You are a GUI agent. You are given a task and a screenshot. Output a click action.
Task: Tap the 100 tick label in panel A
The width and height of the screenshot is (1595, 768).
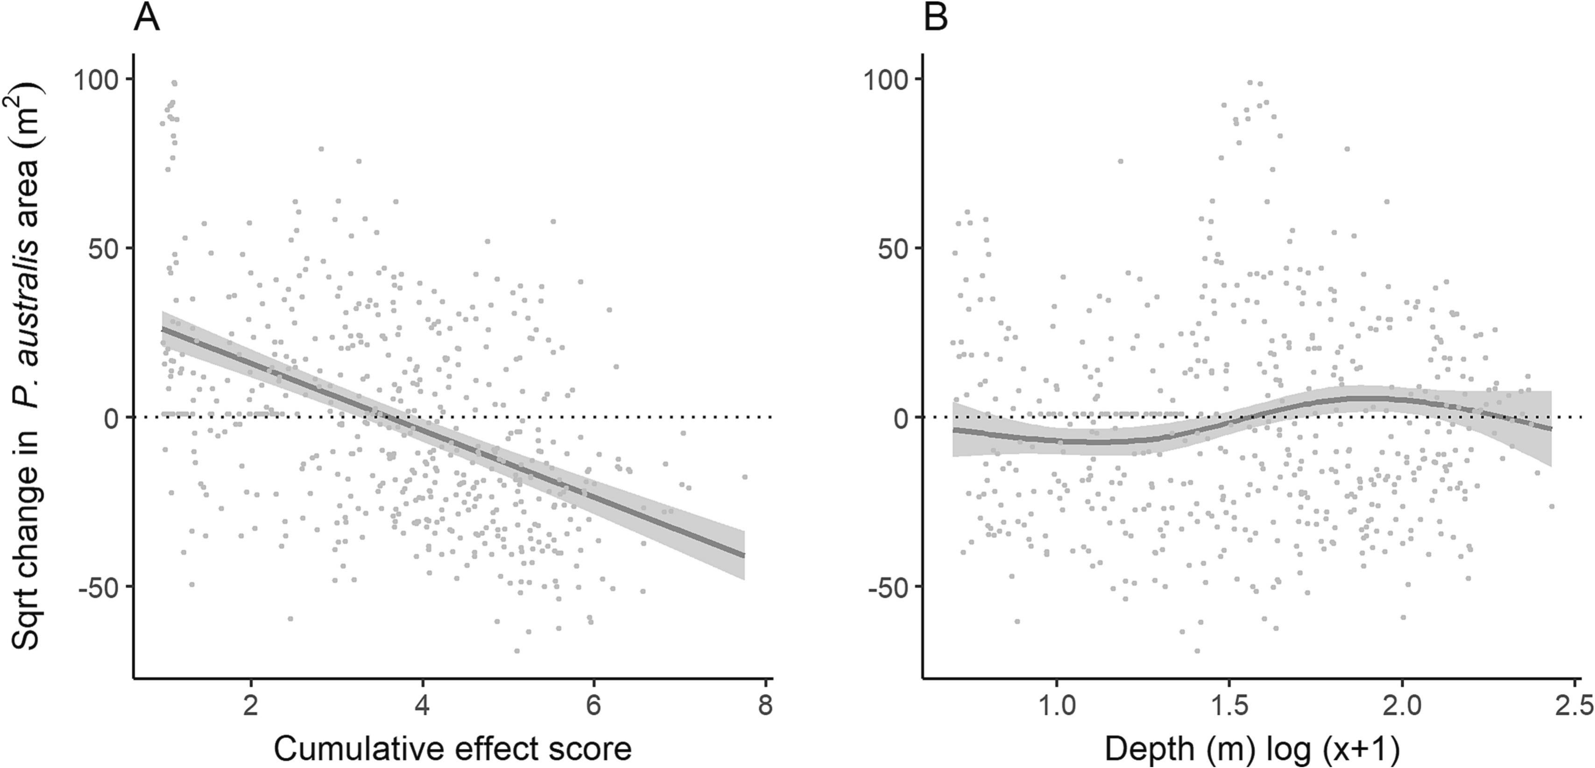(97, 79)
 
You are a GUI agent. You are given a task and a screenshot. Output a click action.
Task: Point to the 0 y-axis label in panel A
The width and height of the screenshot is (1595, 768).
(112, 418)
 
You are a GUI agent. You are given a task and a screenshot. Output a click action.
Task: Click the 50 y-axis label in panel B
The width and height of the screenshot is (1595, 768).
(893, 249)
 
